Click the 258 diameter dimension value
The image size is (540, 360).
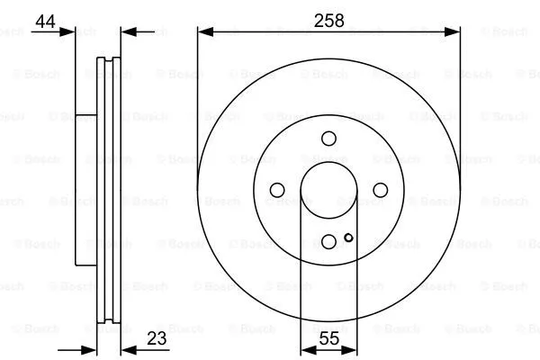pyautogui.click(x=328, y=19)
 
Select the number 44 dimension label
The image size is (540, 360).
pyautogui.click(x=44, y=19)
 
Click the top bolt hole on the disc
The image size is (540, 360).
pyautogui.click(x=329, y=138)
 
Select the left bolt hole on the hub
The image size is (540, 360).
pyautogui.click(x=277, y=189)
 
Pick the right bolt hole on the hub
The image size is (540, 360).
pyautogui.click(x=381, y=189)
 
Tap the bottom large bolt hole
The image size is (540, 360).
pyautogui.click(x=329, y=240)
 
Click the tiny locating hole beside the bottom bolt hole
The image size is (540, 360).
pyautogui.click(x=348, y=238)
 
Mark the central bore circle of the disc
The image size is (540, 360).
pyautogui.click(x=329, y=189)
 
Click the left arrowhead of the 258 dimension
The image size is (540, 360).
pyautogui.click(x=203, y=31)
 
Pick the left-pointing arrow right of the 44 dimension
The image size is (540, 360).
pyautogui.click(x=127, y=32)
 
